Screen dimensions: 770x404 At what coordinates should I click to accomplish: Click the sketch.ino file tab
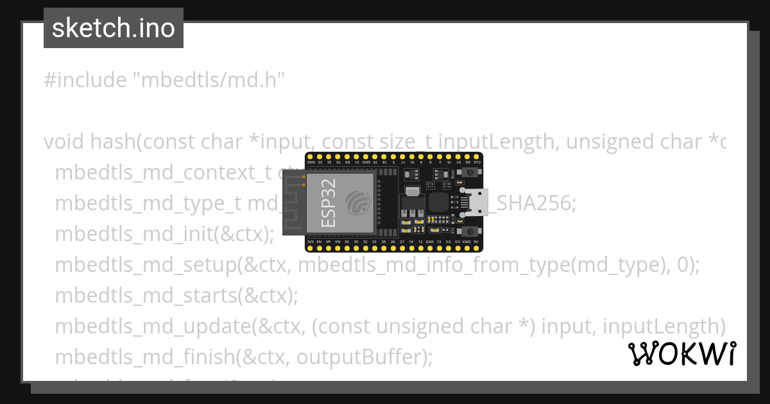pos(114,28)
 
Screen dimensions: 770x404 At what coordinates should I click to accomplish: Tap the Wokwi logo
pos(681,354)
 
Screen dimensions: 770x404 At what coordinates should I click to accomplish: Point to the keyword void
pos(64,142)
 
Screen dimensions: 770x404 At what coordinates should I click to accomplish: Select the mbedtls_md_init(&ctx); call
pos(164,234)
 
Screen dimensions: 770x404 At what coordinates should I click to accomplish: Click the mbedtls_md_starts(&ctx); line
pos(176,296)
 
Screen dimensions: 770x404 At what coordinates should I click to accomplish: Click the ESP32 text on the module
pos(327,204)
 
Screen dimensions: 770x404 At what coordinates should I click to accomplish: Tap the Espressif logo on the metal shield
pos(357,203)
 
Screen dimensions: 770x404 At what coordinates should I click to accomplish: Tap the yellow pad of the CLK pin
pos(475,156)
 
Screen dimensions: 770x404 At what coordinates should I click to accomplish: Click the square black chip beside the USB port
pos(438,203)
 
